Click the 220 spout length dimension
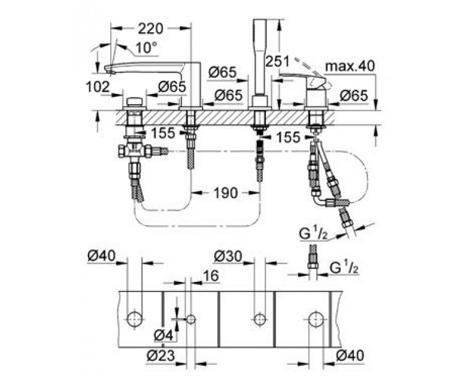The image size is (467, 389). pyautogui.click(x=150, y=29)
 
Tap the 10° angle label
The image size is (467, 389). pyautogui.click(x=146, y=48)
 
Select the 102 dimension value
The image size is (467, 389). pyautogui.click(x=98, y=87)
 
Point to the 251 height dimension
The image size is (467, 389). pyautogui.click(x=277, y=62)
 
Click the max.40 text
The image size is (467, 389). pyautogui.click(x=350, y=66)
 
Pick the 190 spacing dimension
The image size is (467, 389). pyautogui.click(x=226, y=193)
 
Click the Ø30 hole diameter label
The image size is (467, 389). pyautogui.click(x=228, y=257)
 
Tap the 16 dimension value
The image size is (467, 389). pyautogui.click(x=211, y=276)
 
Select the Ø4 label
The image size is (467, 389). pyautogui.click(x=164, y=336)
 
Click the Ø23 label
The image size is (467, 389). pyautogui.click(x=161, y=355)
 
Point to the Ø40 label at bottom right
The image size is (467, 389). pyautogui.click(x=350, y=355)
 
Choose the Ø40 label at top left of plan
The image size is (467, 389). pyautogui.click(x=102, y=256)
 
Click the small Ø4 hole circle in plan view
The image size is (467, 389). pyautogui.click(x=191, y=320)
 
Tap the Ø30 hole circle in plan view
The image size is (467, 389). pyautogui.click(x=260, y=320)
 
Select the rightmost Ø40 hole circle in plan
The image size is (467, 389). pyautogui.click(x=315, y=320)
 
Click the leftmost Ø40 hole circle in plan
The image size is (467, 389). pyautogui.click(x=135, y=320)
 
